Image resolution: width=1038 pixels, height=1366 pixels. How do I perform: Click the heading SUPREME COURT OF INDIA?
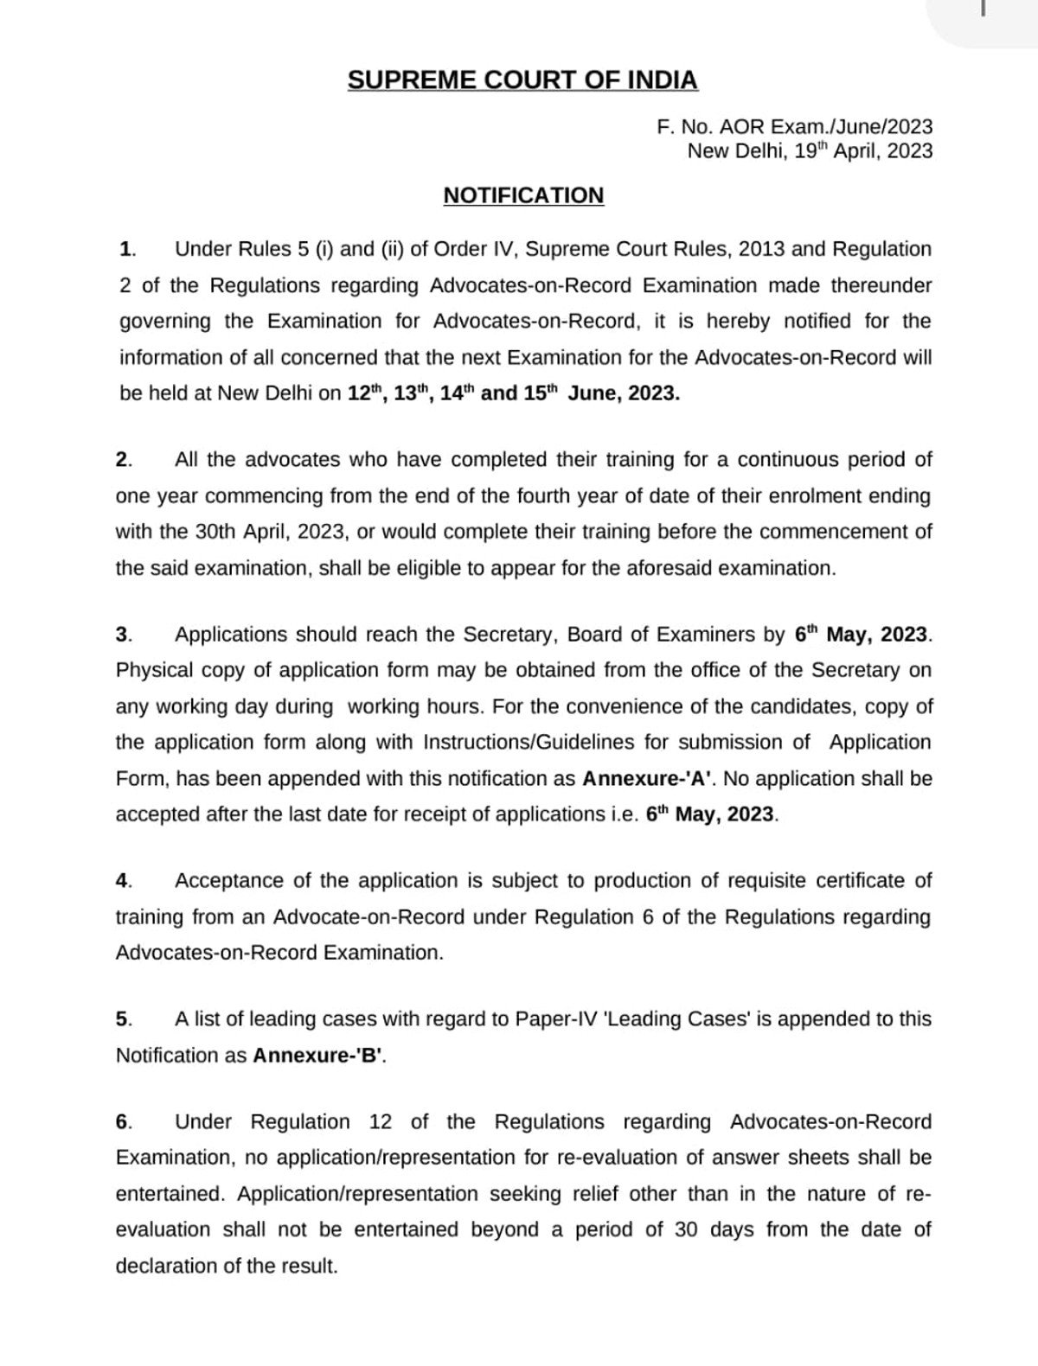pyautogui.click(x=522, y=80)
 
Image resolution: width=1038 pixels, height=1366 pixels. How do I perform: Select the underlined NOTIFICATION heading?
pyautogui.click(x=523, y=195)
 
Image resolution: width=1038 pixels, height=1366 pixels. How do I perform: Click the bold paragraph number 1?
pyautogui.click(x=126, y=250)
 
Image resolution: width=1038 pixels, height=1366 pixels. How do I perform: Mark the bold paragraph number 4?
pyautogui.click(x=122, y=881)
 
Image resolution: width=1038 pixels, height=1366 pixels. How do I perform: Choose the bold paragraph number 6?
pyautogui.click(x=122, y=1122)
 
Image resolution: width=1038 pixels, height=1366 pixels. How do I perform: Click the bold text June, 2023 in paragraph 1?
pyautogui.click(x=624, y=393)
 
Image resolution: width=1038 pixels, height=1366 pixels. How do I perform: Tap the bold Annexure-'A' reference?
pyautogui.click(x=647, y=779)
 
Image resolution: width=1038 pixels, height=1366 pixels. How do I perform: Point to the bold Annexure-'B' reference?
pyautogui.click(x=317, y=1056)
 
